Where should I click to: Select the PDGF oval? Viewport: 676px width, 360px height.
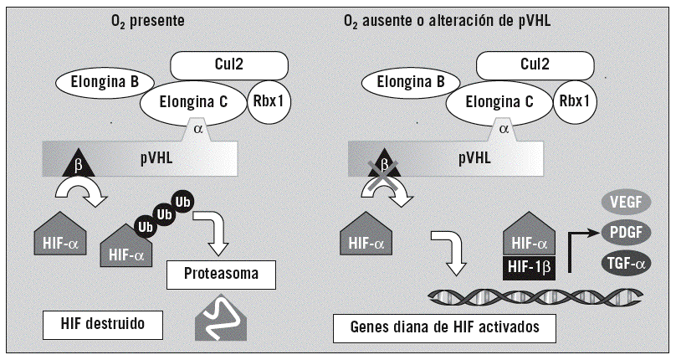click(x=624, y=233)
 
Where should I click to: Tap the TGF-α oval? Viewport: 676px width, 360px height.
click(x=623, y=264)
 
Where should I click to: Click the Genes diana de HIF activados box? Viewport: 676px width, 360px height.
click(x=443, y=327)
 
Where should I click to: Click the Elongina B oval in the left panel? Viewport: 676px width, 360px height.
click(x=98, y=82)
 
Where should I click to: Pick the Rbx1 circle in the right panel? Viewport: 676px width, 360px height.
click(x=573, y=102)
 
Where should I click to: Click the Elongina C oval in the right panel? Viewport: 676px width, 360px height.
click(x=499, y=102)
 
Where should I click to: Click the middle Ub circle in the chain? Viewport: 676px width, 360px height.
click(x=163, y=213)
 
